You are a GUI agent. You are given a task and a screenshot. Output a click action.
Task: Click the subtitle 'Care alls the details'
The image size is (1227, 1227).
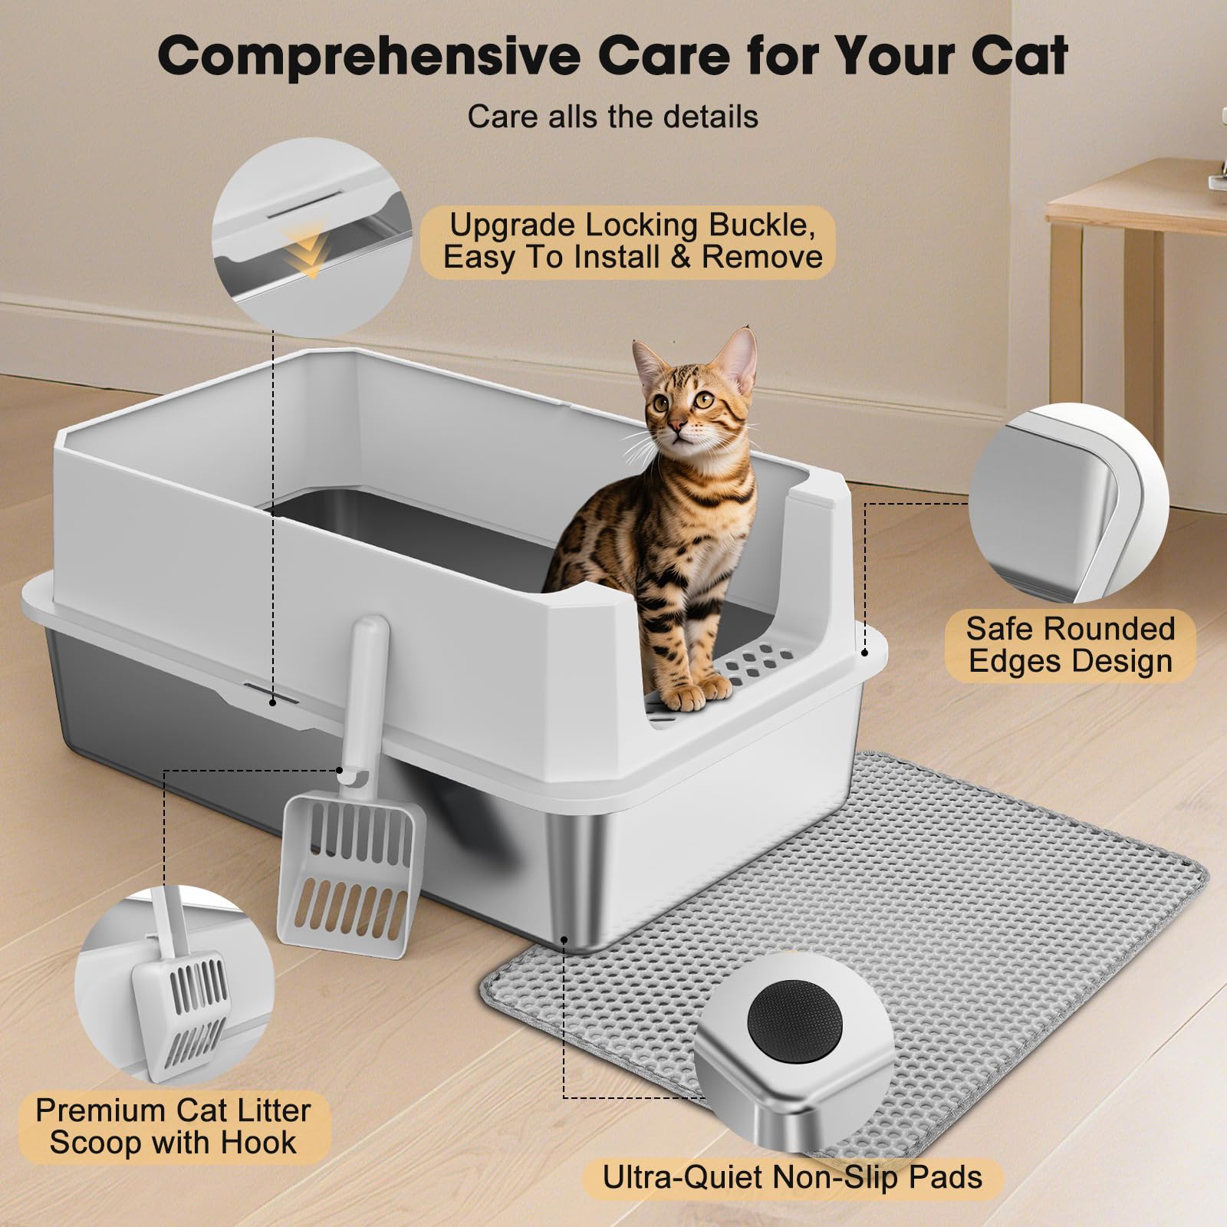click(x=613, y=117)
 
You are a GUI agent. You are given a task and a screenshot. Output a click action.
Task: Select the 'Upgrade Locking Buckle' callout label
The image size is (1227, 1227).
click(x=628, y=241)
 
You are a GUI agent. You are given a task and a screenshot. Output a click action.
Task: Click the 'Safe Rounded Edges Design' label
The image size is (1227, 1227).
click(x=1070, y=645)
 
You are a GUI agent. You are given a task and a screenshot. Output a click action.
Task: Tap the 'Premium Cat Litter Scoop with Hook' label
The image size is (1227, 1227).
click(x=173, y=1127)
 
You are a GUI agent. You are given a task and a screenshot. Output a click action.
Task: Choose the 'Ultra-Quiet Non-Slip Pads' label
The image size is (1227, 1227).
click(x=792, y=1177)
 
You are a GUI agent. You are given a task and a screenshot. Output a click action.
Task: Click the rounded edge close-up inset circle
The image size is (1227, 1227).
click(x=1068, y=503)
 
